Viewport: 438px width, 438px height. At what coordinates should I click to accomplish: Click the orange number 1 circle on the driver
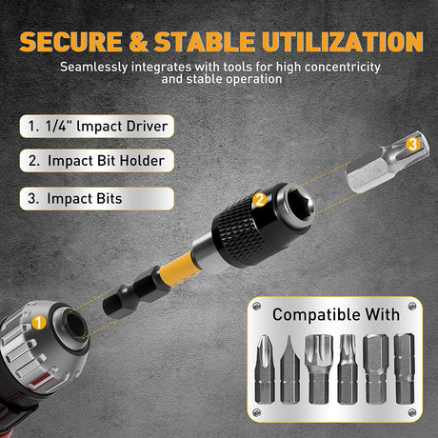click(39, 324)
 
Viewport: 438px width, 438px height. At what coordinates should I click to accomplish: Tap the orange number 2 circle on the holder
click(259, 200)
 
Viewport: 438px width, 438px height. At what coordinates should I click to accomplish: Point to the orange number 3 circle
click(412, 144)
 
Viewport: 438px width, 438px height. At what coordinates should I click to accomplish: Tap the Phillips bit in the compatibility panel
click(266, 376)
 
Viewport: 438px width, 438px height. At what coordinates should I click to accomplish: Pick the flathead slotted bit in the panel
click(289, 376)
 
